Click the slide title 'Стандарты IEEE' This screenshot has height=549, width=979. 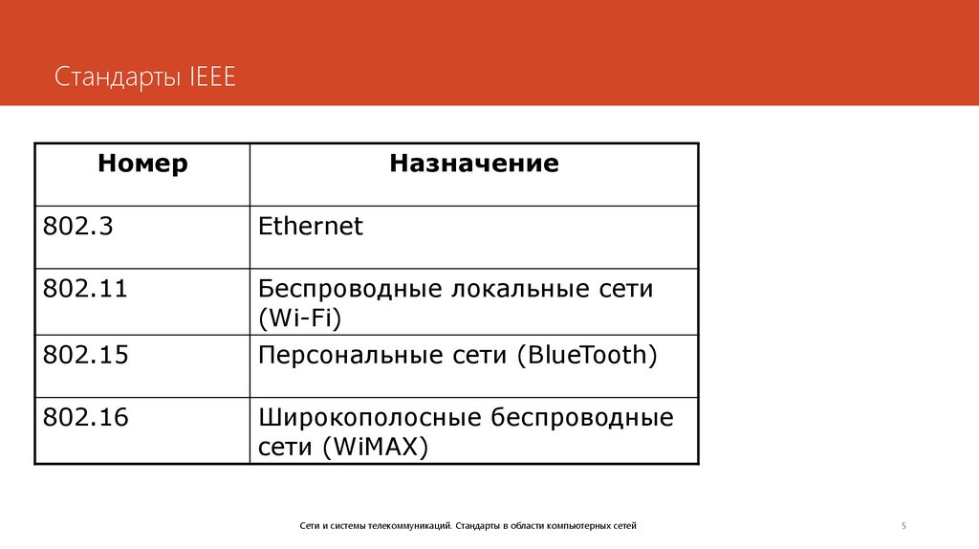tap(144, 77)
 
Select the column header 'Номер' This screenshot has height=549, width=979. tap(142, 164)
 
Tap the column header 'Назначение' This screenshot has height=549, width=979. tap(473, 164)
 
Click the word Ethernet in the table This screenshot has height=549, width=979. tap(311, 227)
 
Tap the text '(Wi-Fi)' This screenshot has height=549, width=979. tap(299, 318)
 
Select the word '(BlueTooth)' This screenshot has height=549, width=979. tap(587, 356)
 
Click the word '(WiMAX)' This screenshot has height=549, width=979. tap(375, 447)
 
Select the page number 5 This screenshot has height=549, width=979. tap(903, 526)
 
